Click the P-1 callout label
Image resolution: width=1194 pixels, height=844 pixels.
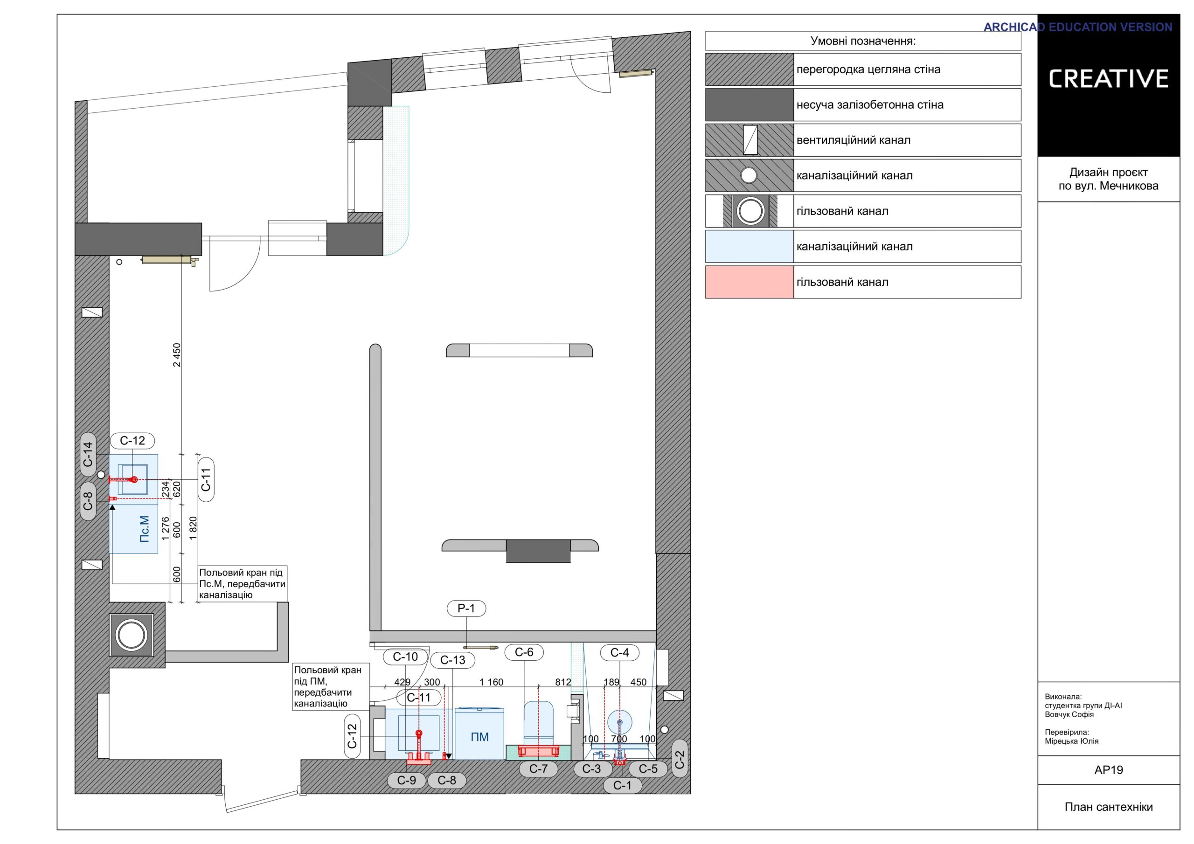(x=466, y=609)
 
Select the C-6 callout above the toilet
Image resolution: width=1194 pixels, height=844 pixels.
(x=524, y=652)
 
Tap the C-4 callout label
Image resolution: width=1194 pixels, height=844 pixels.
(x=619, y=653)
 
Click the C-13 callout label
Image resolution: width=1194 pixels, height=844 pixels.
(x=452, y=660)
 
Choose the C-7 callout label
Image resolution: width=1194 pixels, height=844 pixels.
(x=538, y=768)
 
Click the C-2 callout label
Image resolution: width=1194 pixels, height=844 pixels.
(x=680, y=759)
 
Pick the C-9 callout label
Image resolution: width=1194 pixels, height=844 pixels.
(x=407, y=780)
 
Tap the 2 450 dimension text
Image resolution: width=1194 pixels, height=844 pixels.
(x=177, y=355)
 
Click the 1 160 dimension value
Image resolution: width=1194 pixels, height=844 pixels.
(x=492, y=682)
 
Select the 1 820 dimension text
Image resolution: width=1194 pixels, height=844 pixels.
(x=194, y=528)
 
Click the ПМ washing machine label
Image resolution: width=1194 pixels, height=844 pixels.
(x=479, y=737)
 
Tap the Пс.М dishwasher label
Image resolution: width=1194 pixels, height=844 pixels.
(x=145, y=529)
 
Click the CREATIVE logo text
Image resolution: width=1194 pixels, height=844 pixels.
(x=1109, y=78)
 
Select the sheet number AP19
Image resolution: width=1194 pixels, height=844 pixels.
(x=1109, y=770)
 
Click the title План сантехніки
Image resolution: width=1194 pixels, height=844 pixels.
(x=1109, y=807)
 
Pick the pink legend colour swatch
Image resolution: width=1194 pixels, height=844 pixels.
(x=750, y=282)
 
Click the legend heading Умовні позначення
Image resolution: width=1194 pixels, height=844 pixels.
(x=863, y=41)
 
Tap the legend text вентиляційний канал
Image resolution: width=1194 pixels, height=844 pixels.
(x=854, y=140)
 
